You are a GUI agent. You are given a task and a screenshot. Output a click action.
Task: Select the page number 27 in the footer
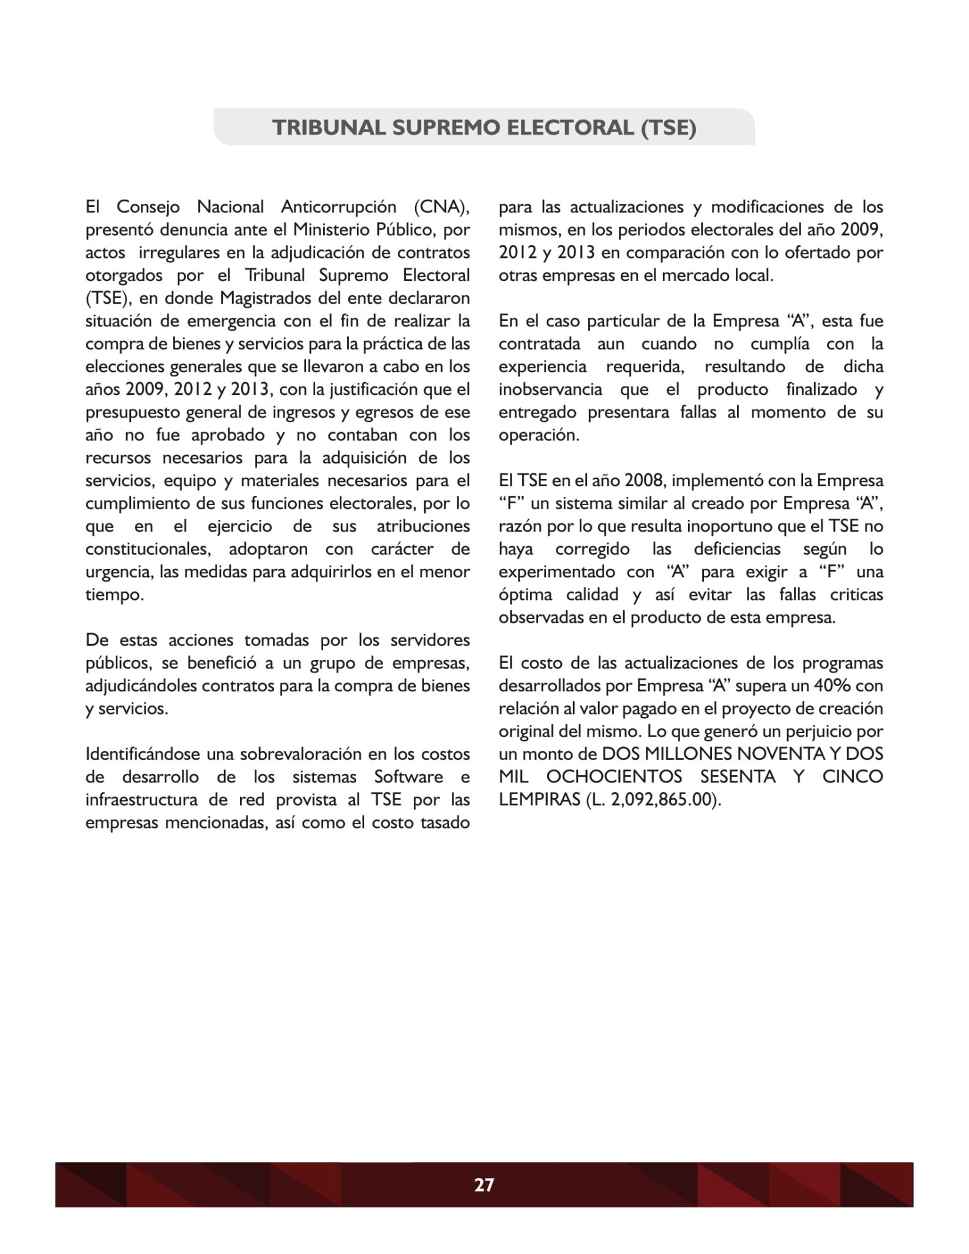(484, 1185)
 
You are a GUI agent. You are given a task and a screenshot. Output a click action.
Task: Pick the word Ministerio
(331, 230)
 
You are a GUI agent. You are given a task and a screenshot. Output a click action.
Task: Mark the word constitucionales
(148, 549)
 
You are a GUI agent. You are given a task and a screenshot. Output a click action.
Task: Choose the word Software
(408, 776)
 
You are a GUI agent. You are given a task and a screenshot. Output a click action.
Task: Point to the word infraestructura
(141, 800)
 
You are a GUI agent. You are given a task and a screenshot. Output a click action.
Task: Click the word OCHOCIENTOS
(614, 776)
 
